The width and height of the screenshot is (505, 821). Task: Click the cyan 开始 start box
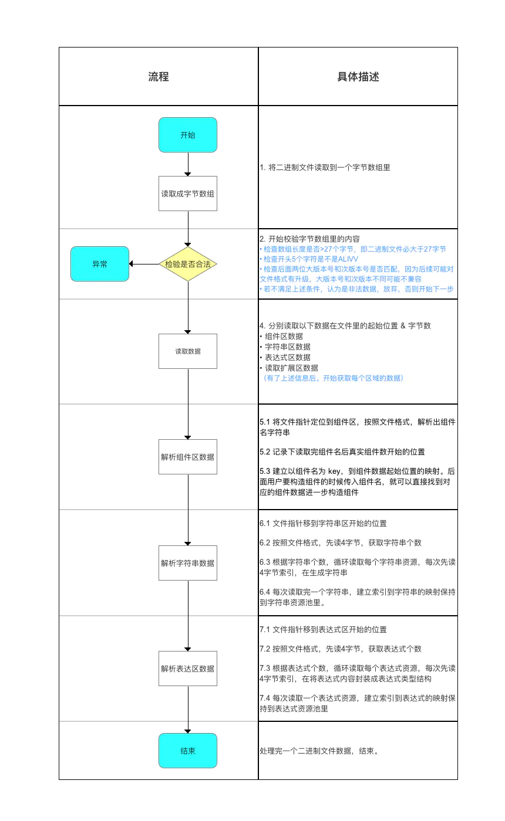click(188, 135)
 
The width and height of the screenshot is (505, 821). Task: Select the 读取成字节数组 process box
click(188, 194)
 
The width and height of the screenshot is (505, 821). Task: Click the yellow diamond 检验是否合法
click(188, 264)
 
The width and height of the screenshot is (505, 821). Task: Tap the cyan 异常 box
click(100, 264)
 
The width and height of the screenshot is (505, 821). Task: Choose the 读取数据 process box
click(188, 351)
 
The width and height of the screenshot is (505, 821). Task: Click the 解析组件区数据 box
click(188, 457)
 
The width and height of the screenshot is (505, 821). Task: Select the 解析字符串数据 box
click(188, 563)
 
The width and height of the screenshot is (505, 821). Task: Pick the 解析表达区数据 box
click(188, 669)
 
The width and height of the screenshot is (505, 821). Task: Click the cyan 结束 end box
click(188, 751)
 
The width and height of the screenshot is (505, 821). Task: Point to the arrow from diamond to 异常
click(144, 264)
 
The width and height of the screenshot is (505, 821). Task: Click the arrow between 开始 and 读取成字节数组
click(188, 164)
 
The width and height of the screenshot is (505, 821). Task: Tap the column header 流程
click(159, 77)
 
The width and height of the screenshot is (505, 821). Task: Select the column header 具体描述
click(358, 77)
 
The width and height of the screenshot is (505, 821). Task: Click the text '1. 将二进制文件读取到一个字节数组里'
click(325, 167)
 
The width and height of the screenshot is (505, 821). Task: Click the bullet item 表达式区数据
click(287, 357)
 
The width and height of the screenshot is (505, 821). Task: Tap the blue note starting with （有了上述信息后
click(333, 378)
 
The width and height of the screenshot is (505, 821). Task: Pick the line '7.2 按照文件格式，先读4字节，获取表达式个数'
click(341, 649)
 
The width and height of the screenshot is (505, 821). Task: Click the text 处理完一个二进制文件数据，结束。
click(318, 751)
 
